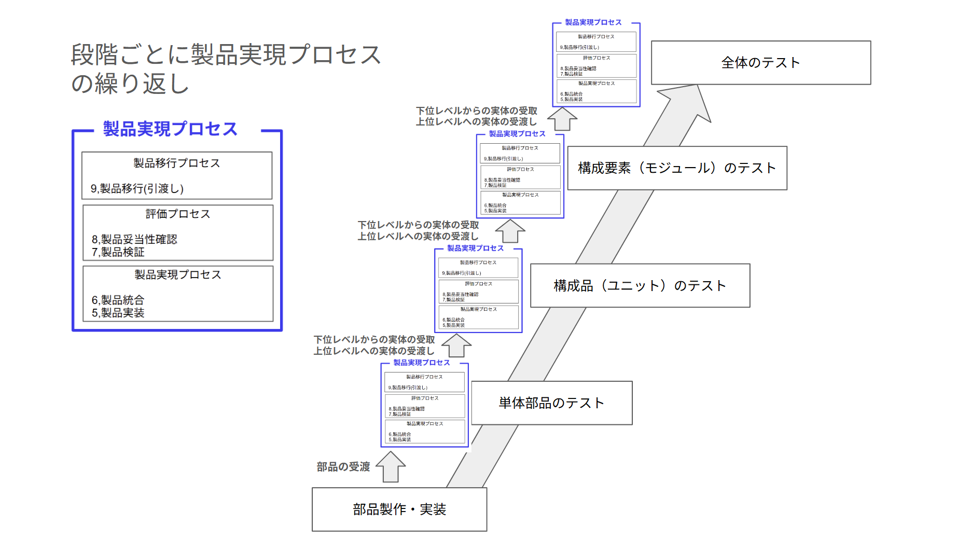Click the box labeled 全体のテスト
tap(760, 63)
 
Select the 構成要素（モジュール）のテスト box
tap(677, 168)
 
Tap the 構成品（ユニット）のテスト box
tap(640, 286)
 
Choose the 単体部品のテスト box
tap(551, 403)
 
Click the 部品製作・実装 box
tap(399, 509)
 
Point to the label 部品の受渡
tap(343, 467)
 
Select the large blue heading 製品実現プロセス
tap(170, 129)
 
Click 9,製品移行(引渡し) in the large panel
tap(137, 189)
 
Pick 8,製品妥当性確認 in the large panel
tap(134, 239)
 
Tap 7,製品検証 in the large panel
tap(118, 252)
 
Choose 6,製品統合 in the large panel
tap(118, 300)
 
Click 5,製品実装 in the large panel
tap(118, 313)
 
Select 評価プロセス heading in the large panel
tap(177, 214)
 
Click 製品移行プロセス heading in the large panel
tap(176, 163)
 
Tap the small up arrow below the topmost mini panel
tap(562, 119)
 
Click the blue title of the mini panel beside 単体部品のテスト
tap(421, 363)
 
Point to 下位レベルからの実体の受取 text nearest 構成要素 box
tap(476, 111)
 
